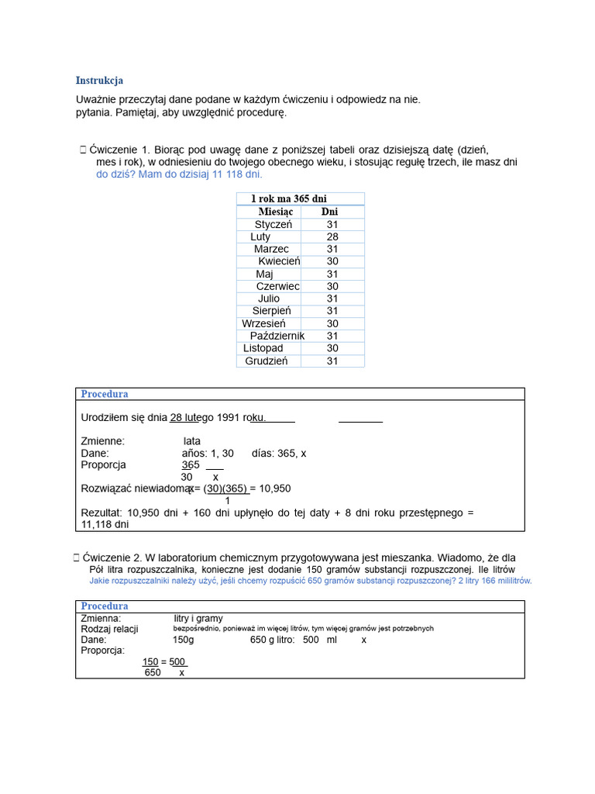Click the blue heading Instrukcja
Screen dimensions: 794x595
pos(99,81)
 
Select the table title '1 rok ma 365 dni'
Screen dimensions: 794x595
pos(288,199)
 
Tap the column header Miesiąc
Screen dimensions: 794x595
pos(275,212)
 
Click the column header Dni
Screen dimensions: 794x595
pos(329,212)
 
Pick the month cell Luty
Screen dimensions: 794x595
pos(261,236)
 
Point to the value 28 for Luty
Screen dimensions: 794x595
pos(332,236)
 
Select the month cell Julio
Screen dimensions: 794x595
pos(269,299)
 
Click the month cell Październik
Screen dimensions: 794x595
pos(277,336)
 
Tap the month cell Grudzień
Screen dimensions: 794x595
pos(267,361)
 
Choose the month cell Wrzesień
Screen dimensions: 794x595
pos(264,323)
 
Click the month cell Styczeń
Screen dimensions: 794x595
pos(273,224)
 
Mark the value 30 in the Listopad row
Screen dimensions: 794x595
pos(332,348)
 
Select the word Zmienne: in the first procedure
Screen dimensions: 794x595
pos(102,441)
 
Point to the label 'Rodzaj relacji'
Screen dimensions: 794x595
pos(109,629)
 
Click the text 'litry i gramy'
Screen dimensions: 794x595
pos(198,618)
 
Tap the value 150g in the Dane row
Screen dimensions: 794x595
pos(184,640)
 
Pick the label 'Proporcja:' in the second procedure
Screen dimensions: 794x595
pos(103,651)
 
